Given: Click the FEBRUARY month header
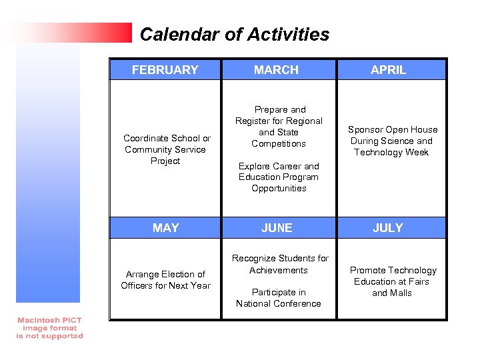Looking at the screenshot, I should click(x=165, y=69).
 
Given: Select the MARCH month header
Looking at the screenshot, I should click(x=276, y=69).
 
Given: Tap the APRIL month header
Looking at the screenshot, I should click(x=388, y=69).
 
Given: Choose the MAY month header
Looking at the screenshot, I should click(x=165, y=228).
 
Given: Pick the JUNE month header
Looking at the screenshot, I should click(x=277, y=228).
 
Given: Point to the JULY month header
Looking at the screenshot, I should click(x=388, y=228).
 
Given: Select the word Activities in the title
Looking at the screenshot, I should click(x=289, y=35).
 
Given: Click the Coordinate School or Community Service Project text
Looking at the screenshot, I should click(x=166, y=149).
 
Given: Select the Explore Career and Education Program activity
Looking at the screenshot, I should click(x=279, y=177).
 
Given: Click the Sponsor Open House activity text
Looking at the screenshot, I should click(x=392, y=141).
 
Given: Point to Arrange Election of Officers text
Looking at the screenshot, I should click(x=165, y=280).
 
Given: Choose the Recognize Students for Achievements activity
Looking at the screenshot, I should click(x=279, y=264).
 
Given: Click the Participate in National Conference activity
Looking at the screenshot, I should click(x=279, y=298).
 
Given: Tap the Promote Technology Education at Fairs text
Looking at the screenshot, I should click(x=393, y=281).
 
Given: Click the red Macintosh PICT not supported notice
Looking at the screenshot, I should click(x=50, y=328).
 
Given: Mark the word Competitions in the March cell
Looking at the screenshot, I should click(x=279, y=143).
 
